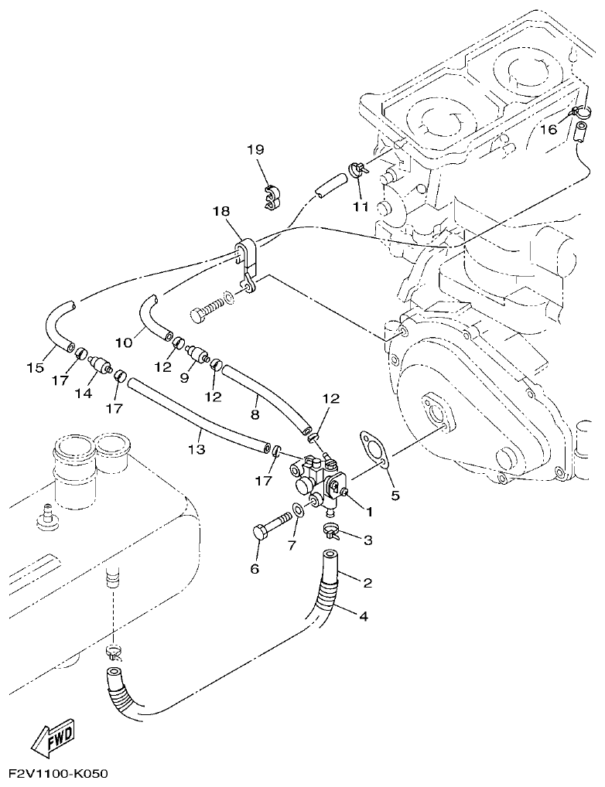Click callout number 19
pos(256,149)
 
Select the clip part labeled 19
pos(270,197)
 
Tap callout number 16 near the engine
pos(548,130)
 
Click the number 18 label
pos(221,211)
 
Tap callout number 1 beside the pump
pos(369,511)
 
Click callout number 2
pos(368,582)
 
